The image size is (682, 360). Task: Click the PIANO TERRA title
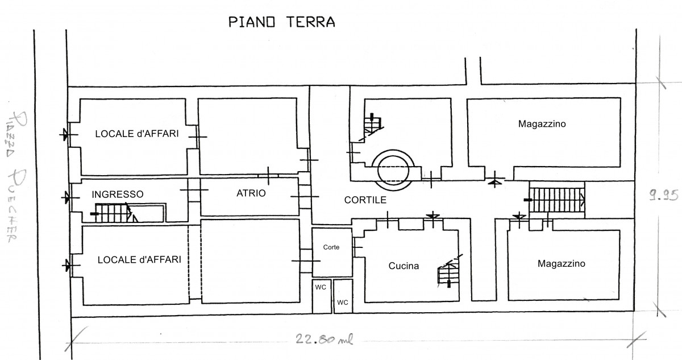pyautogui.click(x=281, y=22)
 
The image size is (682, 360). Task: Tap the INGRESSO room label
pyautogui.click(x=118, y=194)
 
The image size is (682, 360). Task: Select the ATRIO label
pyautogui.click(x=251, y=194)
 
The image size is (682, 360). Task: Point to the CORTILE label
pyautogui.click(x=365, y=200)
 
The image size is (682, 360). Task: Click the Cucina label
pyautogui.click(x=404, y=266)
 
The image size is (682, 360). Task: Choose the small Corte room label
pyautogui.click(x=331, y=247)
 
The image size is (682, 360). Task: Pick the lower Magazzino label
pyautogui.click(x=561, y=263)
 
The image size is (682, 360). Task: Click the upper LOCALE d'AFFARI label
pyautogui.click(x=137, y=134)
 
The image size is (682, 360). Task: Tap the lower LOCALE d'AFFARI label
pyautogui.click(x=139, y=259)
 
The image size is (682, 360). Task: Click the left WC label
pyautogui.click(x=321, y=287)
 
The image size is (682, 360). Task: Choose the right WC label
pyautogui.click(x=342, y=302)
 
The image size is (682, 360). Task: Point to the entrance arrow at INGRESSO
pyautogui.click(x=67, y=197)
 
